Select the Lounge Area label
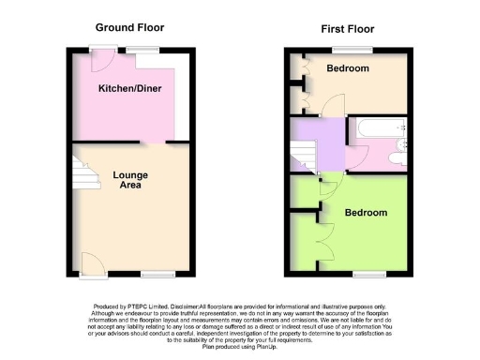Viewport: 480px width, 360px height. point(130,180)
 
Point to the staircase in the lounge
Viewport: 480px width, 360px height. point(83,174)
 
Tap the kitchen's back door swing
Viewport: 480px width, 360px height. point(101,59)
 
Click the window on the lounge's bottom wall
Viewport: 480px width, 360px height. point(158,274)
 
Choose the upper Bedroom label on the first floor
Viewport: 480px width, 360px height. point(348,68)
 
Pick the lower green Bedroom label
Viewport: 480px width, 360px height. point(366,213)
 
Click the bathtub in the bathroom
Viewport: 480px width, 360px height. point(376,128)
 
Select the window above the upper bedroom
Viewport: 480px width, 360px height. point(358,49)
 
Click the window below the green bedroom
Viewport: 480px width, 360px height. point(369,274)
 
